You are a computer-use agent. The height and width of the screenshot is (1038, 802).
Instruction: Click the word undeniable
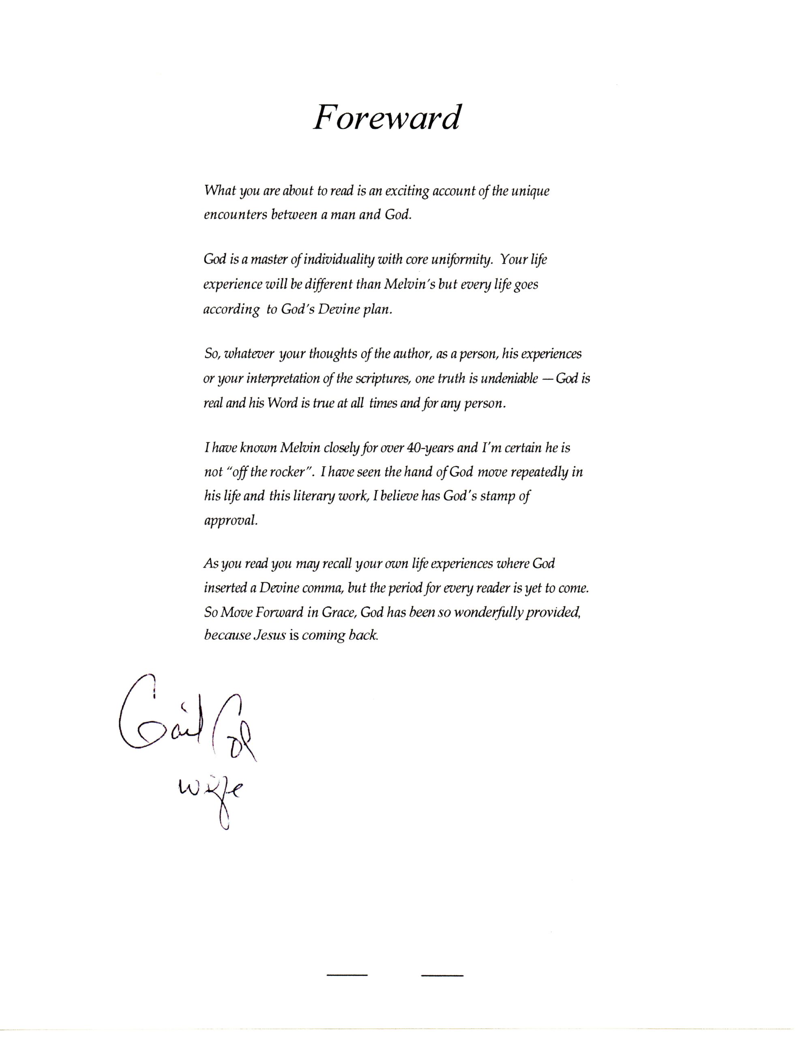click(x=509, y=379)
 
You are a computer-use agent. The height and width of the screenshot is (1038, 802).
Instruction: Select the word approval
click(x=231, y=521)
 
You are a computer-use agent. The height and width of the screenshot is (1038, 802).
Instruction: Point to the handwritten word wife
click(x=210, y=791)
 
